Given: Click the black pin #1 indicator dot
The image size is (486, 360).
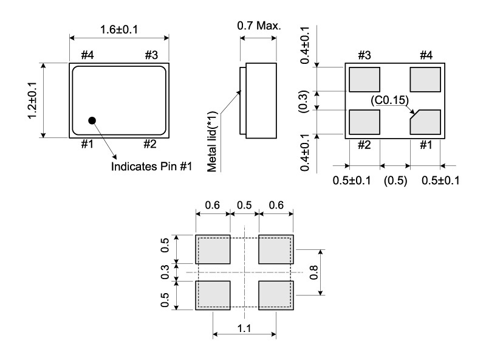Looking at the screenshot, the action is coord(92,120).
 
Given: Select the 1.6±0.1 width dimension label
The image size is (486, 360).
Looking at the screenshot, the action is coord(119,30).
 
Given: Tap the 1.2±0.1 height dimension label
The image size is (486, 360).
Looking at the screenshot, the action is coord(33,100).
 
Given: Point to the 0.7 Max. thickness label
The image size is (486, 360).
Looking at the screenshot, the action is coord(259,26).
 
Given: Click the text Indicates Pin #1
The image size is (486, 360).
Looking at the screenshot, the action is coord(151,167).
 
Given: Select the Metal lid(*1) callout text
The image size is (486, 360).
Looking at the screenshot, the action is coord(212,142).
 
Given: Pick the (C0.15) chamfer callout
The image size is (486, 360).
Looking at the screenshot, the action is coord(389,100).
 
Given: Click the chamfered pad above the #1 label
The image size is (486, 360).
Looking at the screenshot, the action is coord(425,122).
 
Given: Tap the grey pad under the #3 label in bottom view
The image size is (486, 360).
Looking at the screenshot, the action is coord(364,80).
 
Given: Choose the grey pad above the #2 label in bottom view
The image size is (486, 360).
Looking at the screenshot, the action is coord(364,122).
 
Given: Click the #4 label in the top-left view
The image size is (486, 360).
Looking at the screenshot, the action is coord(87,55).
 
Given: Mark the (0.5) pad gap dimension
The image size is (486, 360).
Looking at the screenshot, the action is coord(395,181).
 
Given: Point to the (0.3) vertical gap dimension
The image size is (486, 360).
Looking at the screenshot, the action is coord(304,102).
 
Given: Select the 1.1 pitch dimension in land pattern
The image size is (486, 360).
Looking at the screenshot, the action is coord(244,328).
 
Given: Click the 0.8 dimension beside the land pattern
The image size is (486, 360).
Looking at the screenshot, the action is coord(313,272).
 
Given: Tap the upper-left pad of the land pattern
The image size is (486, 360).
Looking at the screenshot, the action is coord(213,249).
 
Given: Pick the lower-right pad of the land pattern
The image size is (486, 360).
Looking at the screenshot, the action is coord(276,295).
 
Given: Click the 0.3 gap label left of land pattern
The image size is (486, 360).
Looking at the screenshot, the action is coord(165,272).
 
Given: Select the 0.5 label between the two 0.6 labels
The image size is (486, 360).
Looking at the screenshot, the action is coord(244,205).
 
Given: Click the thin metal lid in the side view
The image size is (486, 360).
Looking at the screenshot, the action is coord(243,101).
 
